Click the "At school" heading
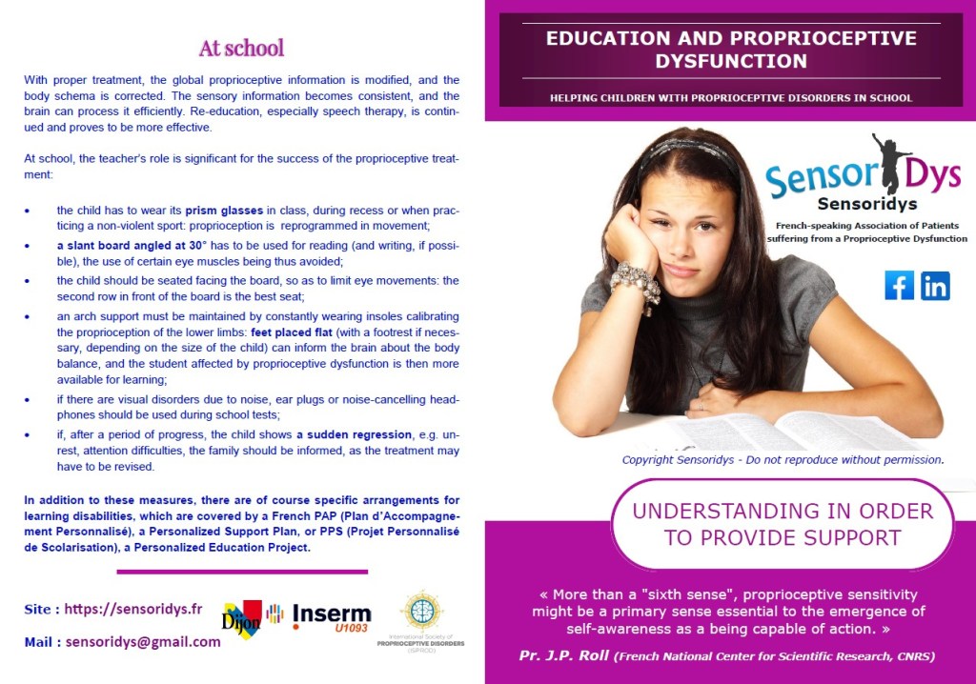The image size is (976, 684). [241, 48]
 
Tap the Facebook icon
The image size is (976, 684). [899, 285]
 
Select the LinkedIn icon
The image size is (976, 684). [935, 285]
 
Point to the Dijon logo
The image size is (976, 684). [243, 619]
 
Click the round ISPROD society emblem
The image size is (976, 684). [420, 610]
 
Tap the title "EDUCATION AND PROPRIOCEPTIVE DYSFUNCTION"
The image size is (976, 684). [731, 50]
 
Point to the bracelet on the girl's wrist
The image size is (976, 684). [636, 283]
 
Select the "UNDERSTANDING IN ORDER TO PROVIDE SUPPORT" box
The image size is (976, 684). [782, 524]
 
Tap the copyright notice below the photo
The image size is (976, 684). [782, 459]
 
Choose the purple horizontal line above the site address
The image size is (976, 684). [242, 572]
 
